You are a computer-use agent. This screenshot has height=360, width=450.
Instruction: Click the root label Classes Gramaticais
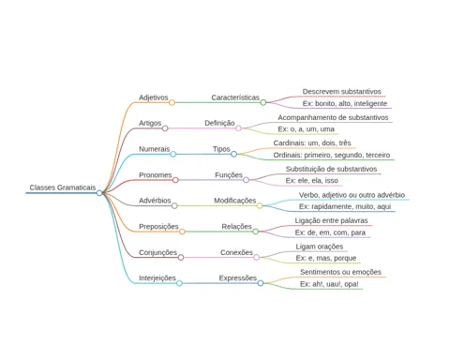[63, 187]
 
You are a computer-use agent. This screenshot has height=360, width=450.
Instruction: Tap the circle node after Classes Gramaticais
[99, 193]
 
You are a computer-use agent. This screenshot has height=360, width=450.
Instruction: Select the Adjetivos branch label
[154, 97]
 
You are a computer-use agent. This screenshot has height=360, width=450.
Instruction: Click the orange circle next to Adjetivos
[172, 102]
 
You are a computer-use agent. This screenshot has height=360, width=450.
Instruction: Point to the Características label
[235, 97]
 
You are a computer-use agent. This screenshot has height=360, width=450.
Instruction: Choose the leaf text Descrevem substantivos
[342, 92]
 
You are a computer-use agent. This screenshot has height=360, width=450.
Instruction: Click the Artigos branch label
[150, 123]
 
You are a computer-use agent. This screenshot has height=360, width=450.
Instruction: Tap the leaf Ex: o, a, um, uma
[306, 129]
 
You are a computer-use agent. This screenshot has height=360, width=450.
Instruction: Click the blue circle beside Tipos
[233, 154]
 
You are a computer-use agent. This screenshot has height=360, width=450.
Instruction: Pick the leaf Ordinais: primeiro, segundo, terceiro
[332, 155]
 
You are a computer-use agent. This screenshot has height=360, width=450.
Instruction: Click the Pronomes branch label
[156, 175]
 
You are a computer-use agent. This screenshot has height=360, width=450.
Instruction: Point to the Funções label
[229, 175]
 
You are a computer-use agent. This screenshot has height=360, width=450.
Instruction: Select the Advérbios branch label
[155, 201]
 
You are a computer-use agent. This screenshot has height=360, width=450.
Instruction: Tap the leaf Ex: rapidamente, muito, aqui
[345, 206]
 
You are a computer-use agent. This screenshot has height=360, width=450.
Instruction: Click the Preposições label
[158, 227]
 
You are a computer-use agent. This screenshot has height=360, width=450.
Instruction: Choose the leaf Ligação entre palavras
[331, 220]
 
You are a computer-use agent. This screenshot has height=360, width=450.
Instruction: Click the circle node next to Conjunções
[181, 258]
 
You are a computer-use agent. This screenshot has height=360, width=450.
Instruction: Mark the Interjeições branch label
[157, 278]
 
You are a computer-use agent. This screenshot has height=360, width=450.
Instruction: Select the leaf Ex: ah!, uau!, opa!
[329, 284]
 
